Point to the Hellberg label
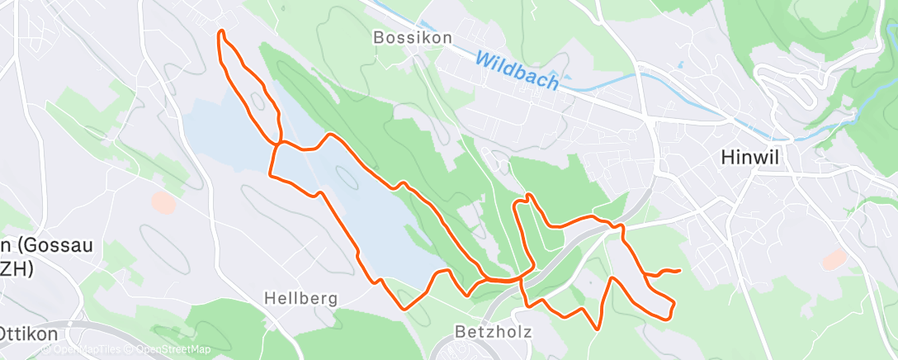[300, 298]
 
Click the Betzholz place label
[492, 331]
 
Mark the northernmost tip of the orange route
[221, 31]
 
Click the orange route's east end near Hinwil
[679, 270]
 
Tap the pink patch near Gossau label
[163, 201]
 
